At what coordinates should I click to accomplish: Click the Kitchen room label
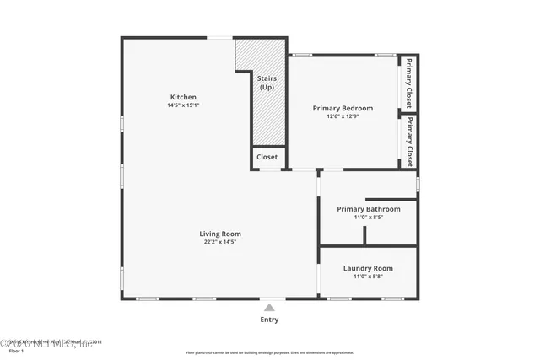pos(183,97)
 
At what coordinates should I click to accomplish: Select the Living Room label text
pos(219,234)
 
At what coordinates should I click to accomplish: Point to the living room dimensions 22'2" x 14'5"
pos(219,243)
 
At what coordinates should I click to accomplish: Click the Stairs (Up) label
pos(267,83)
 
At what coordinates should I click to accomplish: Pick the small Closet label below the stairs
pos(267,157)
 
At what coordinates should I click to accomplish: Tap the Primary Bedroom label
pos(343,108)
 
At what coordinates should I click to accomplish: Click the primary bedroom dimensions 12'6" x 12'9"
pos(343,117)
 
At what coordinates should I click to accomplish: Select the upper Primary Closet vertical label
pos(409,83)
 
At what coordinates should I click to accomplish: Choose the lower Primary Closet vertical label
pos(409,141)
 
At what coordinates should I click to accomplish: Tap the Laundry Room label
pos(368,268)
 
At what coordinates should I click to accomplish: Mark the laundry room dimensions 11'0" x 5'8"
pos(368,277)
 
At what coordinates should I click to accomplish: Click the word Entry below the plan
pos(269,320)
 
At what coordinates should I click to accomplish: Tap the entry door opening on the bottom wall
pos(269,298)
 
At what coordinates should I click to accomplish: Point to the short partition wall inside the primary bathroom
pos(364,234)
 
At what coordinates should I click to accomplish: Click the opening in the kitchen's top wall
pos(220,37)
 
